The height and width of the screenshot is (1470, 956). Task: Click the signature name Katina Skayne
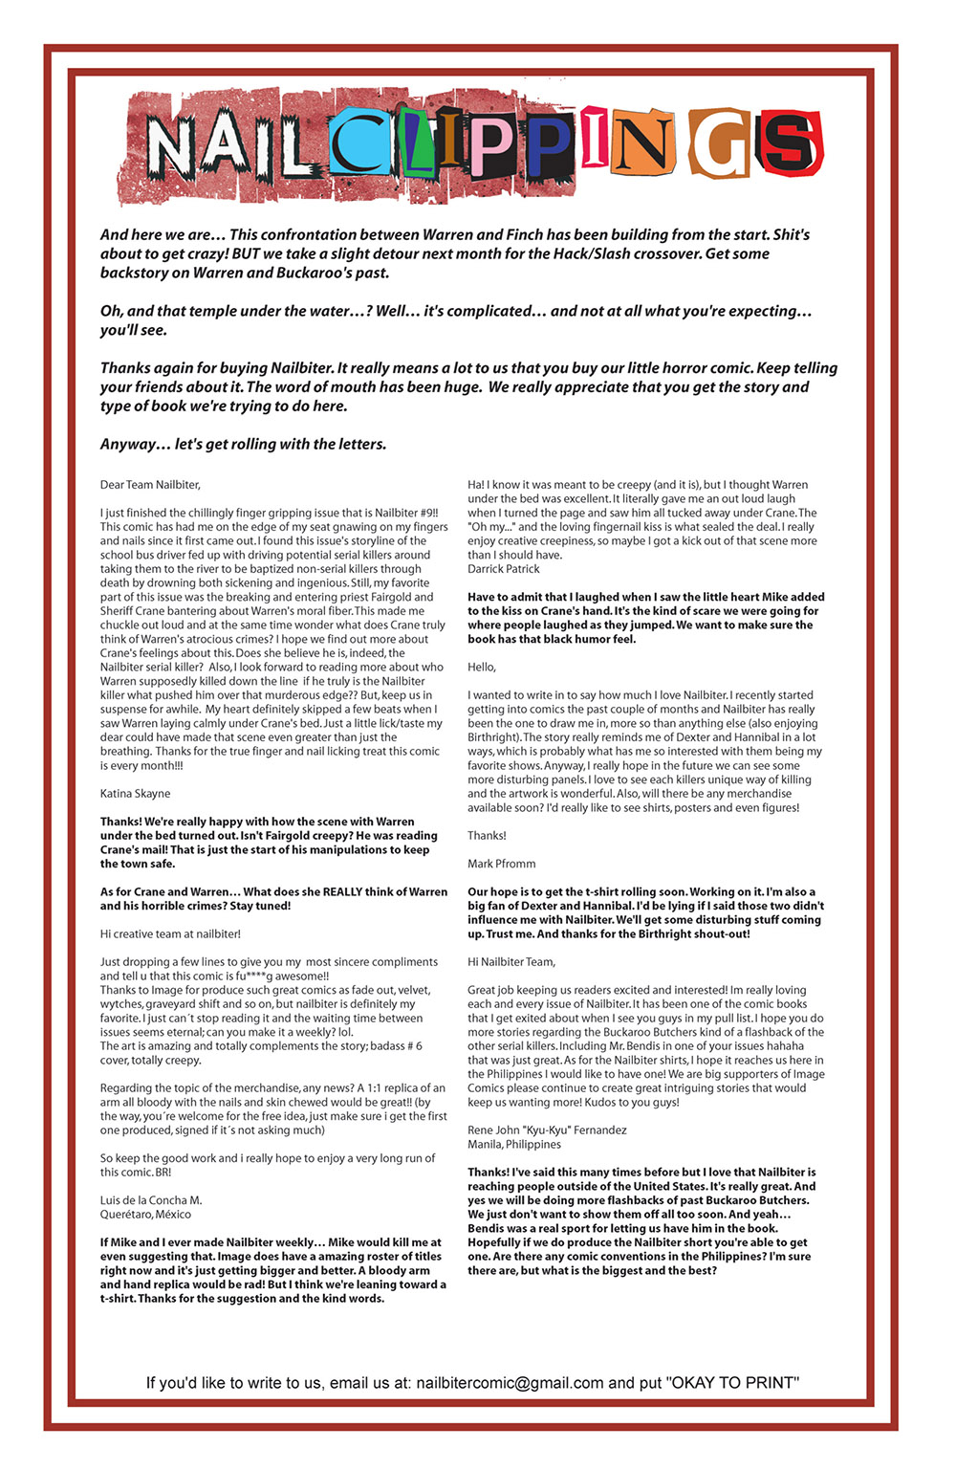(135, 794)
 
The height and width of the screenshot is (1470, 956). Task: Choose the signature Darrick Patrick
(504, 569)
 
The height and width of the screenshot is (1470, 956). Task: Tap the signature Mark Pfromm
(502, 864)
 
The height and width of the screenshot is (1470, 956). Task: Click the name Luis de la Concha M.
(151, 1200)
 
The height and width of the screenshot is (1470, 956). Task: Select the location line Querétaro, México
(145, 1215)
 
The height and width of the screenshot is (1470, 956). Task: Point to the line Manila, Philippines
(514, 1145)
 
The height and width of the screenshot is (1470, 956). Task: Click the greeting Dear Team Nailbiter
(150, 485)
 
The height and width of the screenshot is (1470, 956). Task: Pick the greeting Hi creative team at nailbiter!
(170, 934)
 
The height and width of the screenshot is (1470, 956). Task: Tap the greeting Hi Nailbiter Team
(511, 962)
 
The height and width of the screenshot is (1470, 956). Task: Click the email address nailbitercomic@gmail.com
(510, 1383)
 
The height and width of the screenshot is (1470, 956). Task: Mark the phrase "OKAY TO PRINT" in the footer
(732, 1383)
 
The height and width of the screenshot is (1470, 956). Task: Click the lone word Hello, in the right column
(482, 668)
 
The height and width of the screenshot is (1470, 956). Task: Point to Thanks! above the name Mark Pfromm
(487, 836)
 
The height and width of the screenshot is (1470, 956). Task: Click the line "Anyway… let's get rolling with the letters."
(243, 445)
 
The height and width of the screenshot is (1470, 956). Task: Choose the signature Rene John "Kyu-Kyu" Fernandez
(547, 1130)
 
